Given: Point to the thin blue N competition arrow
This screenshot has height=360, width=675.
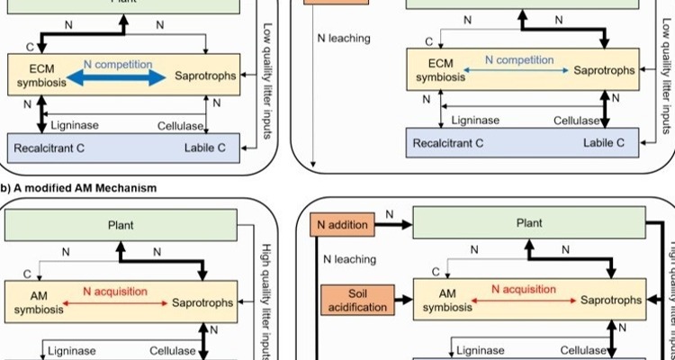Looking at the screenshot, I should (x=519, y=70).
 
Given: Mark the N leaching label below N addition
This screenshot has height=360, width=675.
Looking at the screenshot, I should (x=350, y=260).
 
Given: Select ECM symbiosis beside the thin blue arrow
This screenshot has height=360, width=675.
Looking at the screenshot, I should (x=442, y=71).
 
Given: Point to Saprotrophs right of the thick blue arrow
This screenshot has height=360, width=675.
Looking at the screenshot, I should (x=206, y=76).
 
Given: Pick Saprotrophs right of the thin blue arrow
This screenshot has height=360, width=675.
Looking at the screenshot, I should (x=605, y=70).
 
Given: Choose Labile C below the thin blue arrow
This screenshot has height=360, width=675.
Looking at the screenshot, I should (x=605, y=142).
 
